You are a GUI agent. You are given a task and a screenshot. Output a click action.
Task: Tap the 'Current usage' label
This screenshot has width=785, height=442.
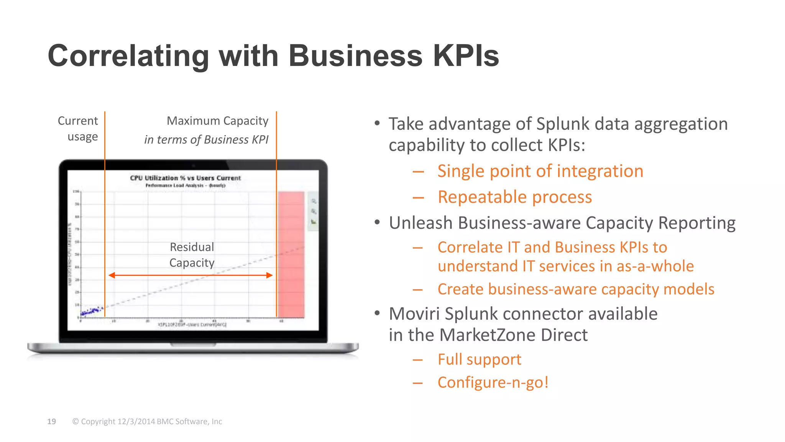tap(78, 129)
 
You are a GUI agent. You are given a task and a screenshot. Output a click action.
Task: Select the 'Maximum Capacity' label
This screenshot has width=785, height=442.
tap(217, 121)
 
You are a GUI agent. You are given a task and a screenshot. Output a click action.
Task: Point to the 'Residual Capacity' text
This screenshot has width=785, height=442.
tap(192, 255)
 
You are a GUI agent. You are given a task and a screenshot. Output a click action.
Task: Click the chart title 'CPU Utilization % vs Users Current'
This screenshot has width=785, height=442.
tap(185, 178)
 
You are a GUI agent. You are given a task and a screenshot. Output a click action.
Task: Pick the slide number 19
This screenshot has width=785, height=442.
tap(51, 421)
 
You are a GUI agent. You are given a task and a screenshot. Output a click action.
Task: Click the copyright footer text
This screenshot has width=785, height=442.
tap(147, 421)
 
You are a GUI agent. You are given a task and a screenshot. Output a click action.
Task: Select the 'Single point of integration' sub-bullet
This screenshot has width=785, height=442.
tap(540, 171)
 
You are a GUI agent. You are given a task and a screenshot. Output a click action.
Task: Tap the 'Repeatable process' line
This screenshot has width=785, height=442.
tap(515, 197)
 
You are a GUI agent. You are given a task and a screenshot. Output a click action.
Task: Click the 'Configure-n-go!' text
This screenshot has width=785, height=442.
tap(493, 383)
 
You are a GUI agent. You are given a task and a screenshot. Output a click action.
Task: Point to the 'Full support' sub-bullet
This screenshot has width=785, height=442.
tap(479, 360)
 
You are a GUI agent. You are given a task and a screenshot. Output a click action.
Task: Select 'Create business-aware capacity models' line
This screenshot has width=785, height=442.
tap(576, 289)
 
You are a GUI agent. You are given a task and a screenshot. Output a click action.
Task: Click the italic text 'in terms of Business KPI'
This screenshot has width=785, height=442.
tap(206, 140)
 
